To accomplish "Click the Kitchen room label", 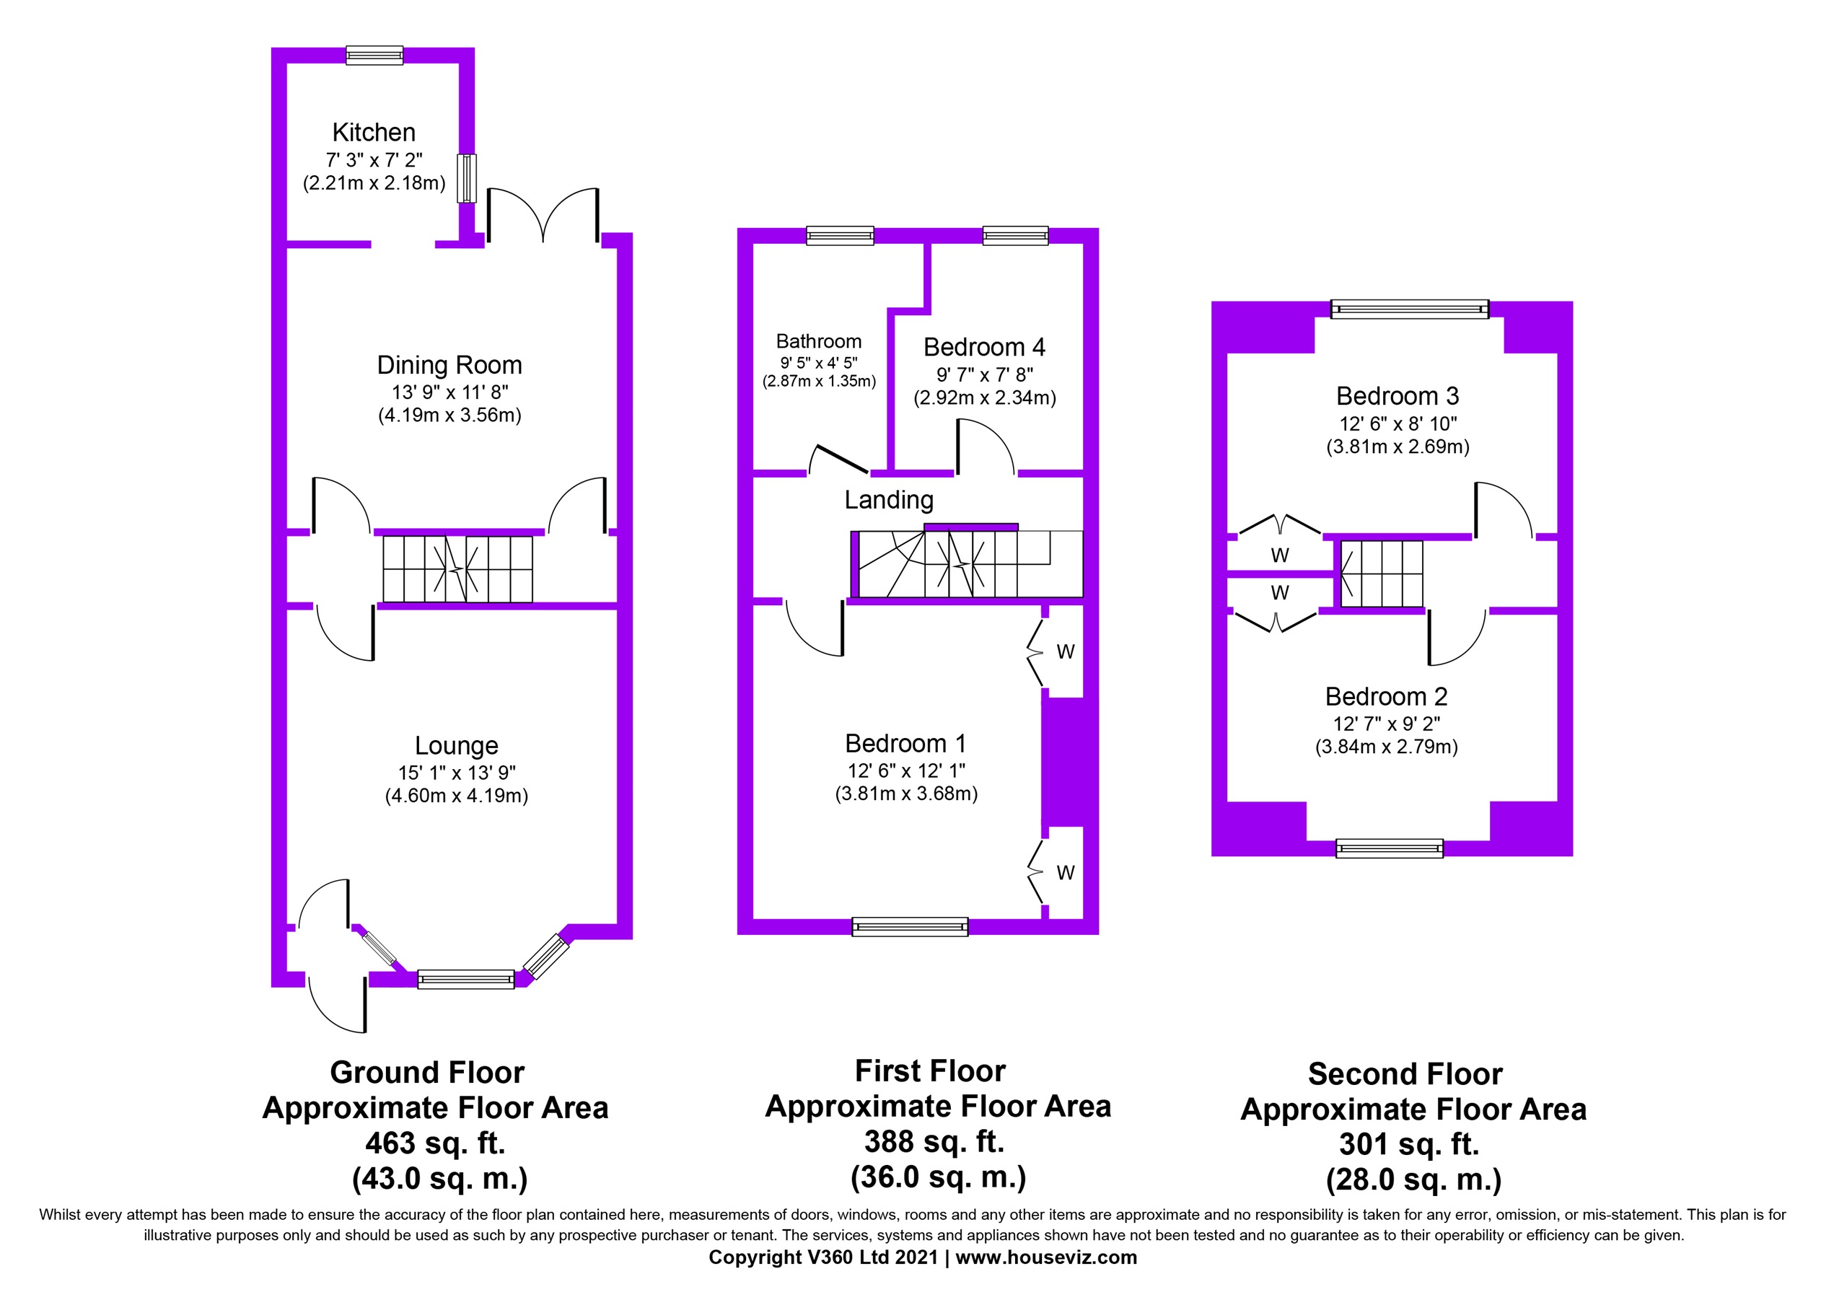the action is click(x=374, y=132).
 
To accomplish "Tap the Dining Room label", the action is click(x=449, y=365).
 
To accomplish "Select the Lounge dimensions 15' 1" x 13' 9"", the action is click(x=457, y=773).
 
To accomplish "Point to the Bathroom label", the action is click(x=819, y=341).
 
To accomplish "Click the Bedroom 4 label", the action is click(x=985, y=347).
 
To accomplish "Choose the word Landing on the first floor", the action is click(x=889, y=501).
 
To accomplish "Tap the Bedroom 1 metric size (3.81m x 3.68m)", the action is click(x=907, y=794).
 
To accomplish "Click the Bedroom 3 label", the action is click(x=1398, y=396).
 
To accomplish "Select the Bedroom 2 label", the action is click(x=1387, y=696).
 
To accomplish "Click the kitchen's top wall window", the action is click(x=374, y=55).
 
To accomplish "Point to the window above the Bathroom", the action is click(x=840, y=235).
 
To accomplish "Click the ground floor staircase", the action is click(x=457, y=569).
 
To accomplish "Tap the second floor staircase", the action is click(x=1381, y=573).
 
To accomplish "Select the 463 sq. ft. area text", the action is click(x=435, y=1143).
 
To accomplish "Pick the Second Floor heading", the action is click(x=1405, y=1074).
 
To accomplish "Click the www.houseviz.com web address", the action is click(x=1047, y=1257).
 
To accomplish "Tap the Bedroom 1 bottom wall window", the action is click(x=910, y=927).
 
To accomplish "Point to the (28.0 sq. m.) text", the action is click(x=1413, y=1179).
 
